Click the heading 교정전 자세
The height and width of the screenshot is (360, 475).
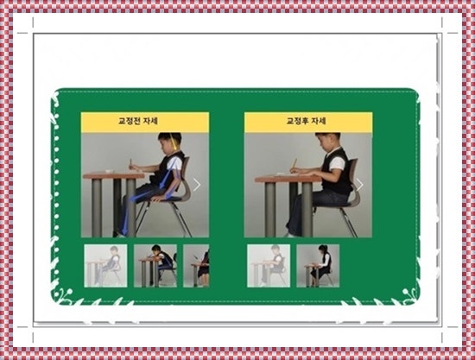pos(138,121)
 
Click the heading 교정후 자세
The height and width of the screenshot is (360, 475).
pos(307,121)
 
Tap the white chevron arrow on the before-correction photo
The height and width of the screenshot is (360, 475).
pos(197,185)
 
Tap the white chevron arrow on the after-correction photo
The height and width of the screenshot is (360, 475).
pos(360,185)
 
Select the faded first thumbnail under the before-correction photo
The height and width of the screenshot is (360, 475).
pos(105,266)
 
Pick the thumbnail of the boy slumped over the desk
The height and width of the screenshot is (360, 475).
pos(155,266)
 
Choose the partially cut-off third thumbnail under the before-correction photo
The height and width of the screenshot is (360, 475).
pos(196,266)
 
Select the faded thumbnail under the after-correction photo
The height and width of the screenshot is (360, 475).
pos(269,266)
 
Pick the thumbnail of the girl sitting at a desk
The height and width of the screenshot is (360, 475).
pos(318,266)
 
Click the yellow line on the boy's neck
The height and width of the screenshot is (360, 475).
pos(174,141)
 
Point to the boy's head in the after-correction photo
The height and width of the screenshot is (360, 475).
pos(326,142)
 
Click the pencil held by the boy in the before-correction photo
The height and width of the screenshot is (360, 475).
pos(131,164)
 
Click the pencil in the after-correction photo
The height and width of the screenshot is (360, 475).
pos(294,164)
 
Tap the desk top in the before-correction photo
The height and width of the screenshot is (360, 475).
pos(114,175)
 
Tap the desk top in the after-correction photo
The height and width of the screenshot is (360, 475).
pos(288,179)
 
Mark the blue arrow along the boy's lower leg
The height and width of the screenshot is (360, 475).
pos(127,217)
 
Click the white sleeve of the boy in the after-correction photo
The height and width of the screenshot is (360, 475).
pos(337,164)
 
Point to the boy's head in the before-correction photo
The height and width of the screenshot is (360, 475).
pos(169,142)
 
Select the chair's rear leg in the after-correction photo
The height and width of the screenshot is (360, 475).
pos(348,222)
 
